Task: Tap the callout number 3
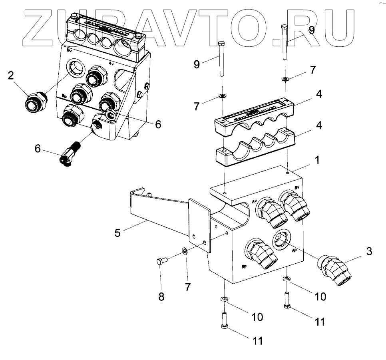368,251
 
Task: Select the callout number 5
117,232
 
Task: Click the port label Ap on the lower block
294,251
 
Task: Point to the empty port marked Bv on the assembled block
75,68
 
